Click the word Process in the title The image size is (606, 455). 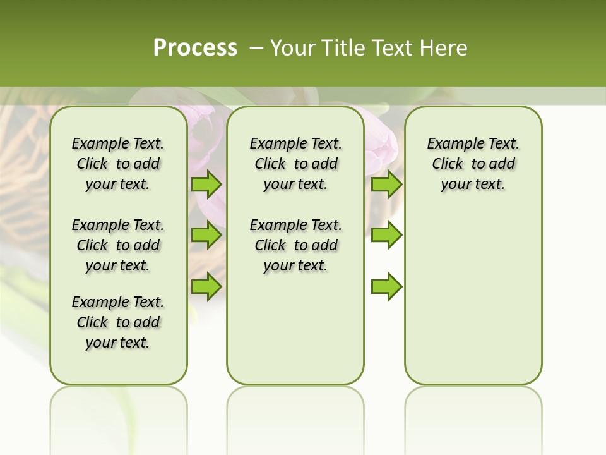click(195, 48)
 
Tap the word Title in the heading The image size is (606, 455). click(343, 48)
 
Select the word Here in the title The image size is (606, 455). click(444, 48)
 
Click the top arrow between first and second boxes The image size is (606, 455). click(206, 185)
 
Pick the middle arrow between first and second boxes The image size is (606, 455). click(206, 235)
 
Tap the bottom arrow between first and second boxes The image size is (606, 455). click(206, 286)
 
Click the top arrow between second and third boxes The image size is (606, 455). click(386, 185)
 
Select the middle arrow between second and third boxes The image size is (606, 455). click(386, 235)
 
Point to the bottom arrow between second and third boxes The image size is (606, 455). click(386, 286)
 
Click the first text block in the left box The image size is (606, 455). click(118, 164)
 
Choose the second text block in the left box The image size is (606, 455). click(118, 245)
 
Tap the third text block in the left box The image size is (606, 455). click(118, 322)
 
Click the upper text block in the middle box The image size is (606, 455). click(295, 164)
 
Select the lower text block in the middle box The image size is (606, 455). click(295, 245)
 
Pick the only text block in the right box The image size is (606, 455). click(473, 164)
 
